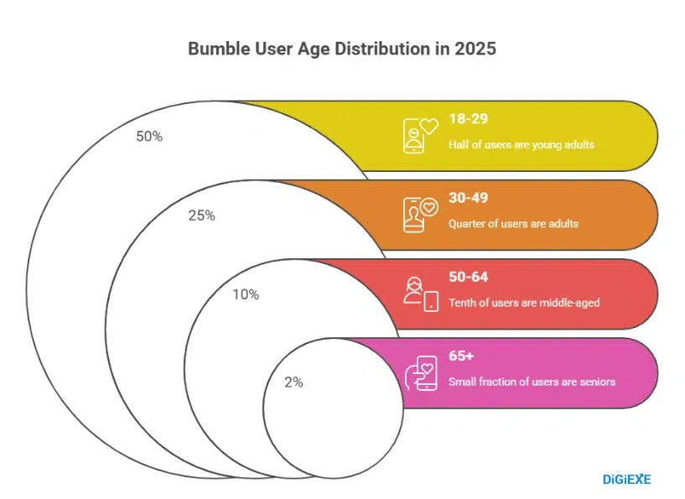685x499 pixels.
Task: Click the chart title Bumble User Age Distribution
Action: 342,49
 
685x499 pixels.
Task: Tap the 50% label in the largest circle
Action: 149,136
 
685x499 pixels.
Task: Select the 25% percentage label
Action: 202,216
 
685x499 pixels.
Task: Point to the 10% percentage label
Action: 246,294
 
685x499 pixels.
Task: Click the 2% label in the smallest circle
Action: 293,382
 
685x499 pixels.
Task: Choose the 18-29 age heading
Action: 468,119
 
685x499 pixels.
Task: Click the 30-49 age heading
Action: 468,198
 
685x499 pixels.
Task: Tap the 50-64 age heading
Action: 468,277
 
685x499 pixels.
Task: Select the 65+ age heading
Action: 461,356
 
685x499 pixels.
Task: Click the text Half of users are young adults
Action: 521,145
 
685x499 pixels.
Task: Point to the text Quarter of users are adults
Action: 513,224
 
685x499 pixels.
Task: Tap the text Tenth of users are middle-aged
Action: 524,303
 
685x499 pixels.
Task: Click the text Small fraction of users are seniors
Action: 532,382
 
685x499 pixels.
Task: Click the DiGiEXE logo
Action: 626,480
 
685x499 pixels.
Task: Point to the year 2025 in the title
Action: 476,49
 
